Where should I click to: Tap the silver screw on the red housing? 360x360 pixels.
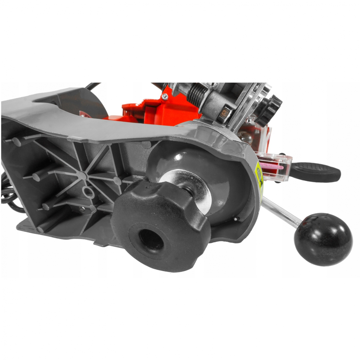(165, 96)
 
